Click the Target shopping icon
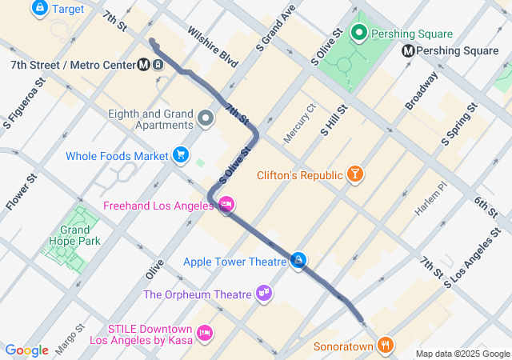[x=38, y=9]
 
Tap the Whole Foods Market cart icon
[x=181, y=155]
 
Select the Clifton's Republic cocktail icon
[x=355, y=174]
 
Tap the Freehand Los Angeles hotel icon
[x=226, y=206]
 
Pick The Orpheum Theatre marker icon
[x=263, y=294]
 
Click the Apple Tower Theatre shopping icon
[x=298, y=261]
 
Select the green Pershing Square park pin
[x=359, y=34]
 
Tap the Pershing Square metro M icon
[x=408, y=50]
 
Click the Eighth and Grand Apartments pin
[x=206, y=119]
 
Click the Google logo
[x=27, y=350]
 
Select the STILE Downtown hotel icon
[x=205, y=333]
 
